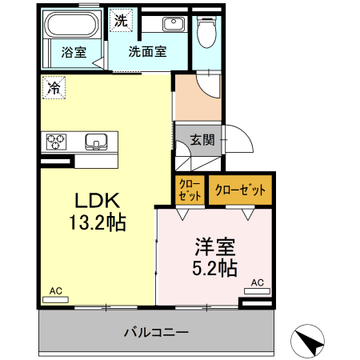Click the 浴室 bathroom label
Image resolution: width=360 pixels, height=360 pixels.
[x=73, y=54]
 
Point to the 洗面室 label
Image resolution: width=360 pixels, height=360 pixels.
[x=148, y=54]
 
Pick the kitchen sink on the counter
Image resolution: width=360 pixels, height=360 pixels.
[x=98, y=142]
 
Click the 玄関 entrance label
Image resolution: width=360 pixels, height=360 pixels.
[x=202, y=139]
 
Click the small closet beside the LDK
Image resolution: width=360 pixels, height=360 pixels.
[x=190, y=190]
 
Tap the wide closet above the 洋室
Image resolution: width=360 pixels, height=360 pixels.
[x=240, y=190]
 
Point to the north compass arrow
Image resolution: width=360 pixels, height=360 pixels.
[x=309, y=342]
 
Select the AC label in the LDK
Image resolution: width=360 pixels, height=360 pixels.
[x=56, y=290]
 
